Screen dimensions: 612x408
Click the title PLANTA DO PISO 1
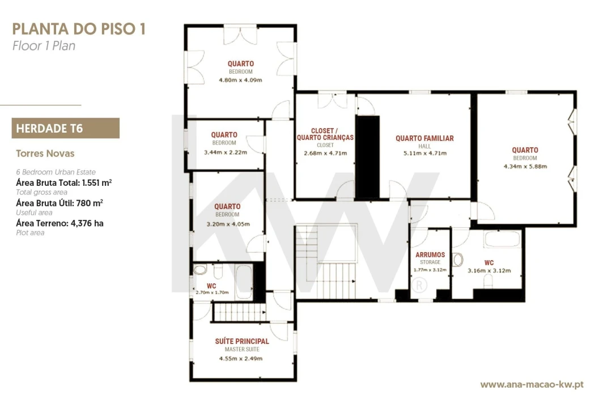[x=79, y=29]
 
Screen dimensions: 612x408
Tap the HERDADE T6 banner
[x=66, y=128]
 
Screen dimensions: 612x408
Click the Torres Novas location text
[x=45, y=154]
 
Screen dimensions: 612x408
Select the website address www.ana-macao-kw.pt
[x=532, y=385]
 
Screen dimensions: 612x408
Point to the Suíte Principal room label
[x=242, y=341]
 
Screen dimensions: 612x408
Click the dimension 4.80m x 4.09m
[x=240, y=80]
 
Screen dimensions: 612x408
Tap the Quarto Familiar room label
[x=424, y=138]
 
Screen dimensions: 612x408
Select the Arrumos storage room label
[x=430, y=254]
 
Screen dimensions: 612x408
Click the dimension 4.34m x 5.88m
[x=525, y=167]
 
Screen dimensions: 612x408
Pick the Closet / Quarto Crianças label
[x=325, y=134]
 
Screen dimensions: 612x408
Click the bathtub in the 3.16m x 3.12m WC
[x=502, y=239]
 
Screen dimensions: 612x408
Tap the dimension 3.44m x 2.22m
[x=225, y=152]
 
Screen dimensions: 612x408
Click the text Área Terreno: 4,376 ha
[x=59, y=223]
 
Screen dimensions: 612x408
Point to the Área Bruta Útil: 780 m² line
[x=59, y=203]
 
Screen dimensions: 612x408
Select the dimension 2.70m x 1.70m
[x=212, y=292]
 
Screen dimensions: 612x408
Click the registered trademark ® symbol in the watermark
[x=419, y=286]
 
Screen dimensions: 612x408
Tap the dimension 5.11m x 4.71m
[x=424, y=153]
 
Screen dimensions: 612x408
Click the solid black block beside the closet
[x=367, y=157]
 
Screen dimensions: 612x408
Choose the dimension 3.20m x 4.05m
[x=228, y=224]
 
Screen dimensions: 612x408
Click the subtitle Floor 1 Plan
[x=44, y=46]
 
